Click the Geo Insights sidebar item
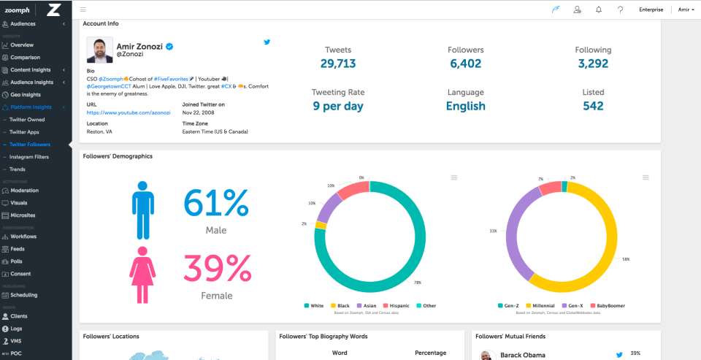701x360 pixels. pos(26,95)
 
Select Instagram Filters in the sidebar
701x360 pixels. pos(28,157)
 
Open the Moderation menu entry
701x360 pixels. pos(24,191)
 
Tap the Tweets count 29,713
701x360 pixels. pos(338,64)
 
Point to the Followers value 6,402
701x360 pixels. pos(465,64)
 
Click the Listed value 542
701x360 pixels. pos(593,106)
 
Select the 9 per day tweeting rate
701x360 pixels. pos(338,106)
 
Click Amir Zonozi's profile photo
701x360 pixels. pos(99,50)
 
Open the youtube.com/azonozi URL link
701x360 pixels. pos(128,113)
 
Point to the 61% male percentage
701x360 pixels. pos(215,203)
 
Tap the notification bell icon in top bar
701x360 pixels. pos(599,9)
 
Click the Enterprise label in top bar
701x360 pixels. pos(651,9)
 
